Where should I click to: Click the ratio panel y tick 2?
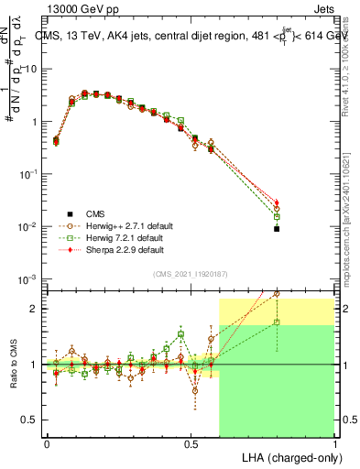pyautogui.click(x=32, y=309)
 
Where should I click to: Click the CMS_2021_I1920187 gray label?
pyautogui.click(x=190, y=274)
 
